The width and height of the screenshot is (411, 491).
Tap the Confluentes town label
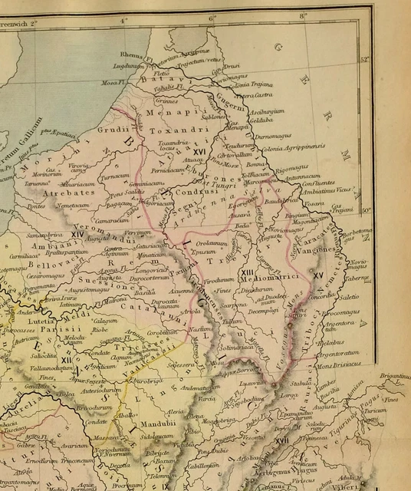[317, 183]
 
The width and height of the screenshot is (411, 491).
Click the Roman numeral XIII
[248, 272]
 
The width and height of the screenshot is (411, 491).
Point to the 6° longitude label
[212, 16]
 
